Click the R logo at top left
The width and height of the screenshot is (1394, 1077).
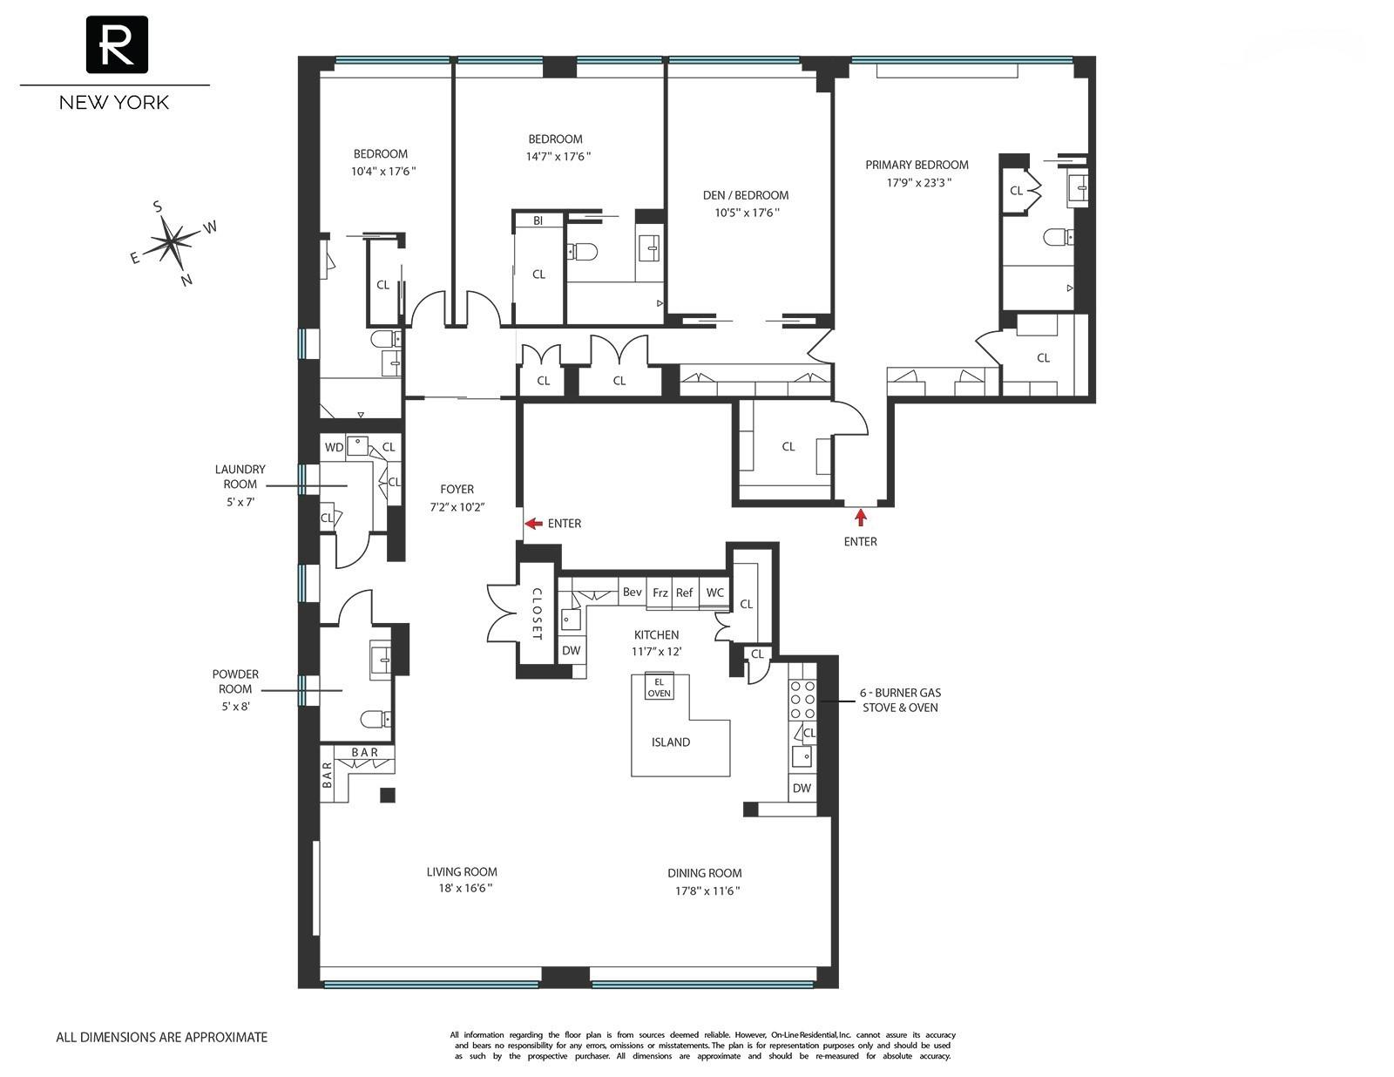[x=116, y=44]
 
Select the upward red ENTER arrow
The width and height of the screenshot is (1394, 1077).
[x=861, y=518]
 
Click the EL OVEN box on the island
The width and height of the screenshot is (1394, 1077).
[x=659, y=687]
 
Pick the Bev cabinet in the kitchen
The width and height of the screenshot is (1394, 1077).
[x=632, y=593]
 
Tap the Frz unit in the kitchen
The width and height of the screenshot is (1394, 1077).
[x=660, y=593]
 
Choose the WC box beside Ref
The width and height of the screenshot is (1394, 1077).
[x=714, y=593]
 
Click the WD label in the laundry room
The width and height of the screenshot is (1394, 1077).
[x=334, y=447]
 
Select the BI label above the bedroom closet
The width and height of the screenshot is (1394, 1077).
[x=538, y=221]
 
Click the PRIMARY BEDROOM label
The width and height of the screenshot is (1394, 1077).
[x=917, y=165]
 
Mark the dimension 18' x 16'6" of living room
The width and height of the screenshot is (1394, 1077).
[x=462, y=888]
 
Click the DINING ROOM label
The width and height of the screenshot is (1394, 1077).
[x=705, y=873]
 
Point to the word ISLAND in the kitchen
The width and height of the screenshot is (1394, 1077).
[x=671, y=742]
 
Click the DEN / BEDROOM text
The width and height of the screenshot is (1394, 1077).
[x=745, y=195]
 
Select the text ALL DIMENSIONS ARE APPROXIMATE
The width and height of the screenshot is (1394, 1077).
[x=162, y=1037]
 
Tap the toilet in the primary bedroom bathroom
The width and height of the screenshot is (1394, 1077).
[x=1057, y=236]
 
